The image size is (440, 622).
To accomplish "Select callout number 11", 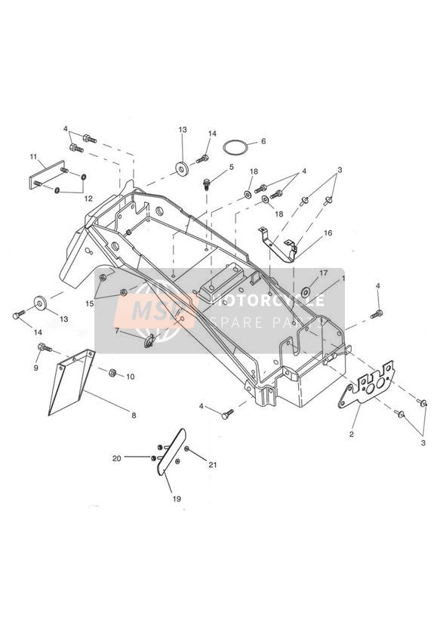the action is [33, 157].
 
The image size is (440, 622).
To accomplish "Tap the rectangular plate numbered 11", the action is [47, 175].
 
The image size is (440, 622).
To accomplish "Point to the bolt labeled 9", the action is [45, 348].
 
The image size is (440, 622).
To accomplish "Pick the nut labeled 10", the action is [112, 372].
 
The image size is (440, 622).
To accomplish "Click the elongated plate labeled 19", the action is [172, 452].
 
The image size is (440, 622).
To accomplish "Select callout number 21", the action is [213, 464].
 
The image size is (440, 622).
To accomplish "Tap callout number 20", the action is [117, 458].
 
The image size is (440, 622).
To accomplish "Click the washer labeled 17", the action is [306, 293].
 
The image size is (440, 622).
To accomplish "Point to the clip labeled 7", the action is [149, 341].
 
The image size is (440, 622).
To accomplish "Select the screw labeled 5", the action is [207, 183].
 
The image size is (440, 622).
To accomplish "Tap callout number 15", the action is [90, 303].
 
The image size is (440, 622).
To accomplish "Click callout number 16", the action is [328, 232].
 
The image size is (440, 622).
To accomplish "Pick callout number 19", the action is [177, 499].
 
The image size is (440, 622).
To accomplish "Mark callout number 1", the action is [343, 279].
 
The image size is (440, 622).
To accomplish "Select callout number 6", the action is [263, 141].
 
